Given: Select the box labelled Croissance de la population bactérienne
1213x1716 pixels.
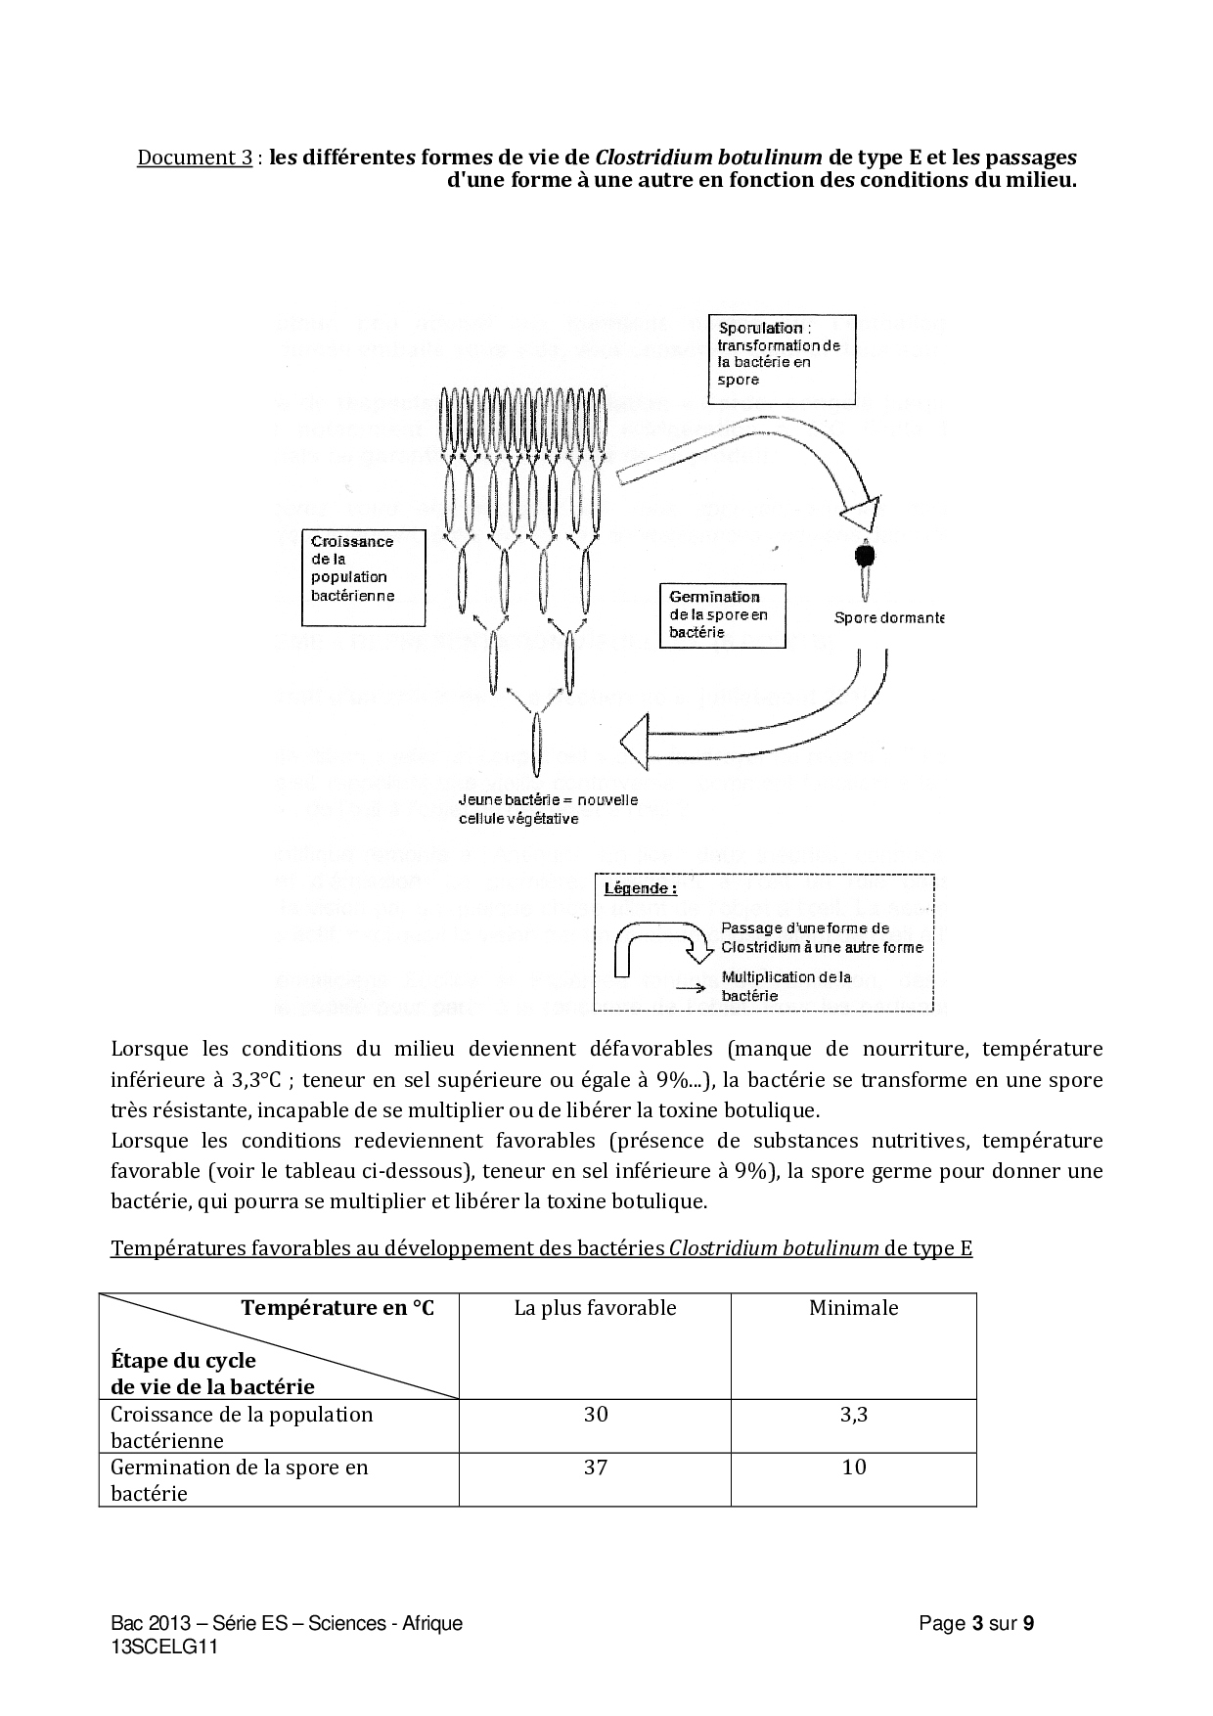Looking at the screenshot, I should [x=363, y=577].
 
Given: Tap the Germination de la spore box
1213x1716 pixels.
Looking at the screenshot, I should [x=723, y=614].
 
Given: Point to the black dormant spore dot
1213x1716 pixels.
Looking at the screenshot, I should [x=865, y=555].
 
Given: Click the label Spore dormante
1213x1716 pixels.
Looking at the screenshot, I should [x=888, y=617].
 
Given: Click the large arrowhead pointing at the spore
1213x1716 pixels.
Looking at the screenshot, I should [x=861, y=515].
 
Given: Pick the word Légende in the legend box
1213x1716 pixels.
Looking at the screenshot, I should [x=641, y=888].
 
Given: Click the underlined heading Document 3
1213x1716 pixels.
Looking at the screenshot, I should [x=195, y=158].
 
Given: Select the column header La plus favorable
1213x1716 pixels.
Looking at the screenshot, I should [x=595, y=1308].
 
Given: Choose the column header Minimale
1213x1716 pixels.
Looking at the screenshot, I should [x=853, y=1308].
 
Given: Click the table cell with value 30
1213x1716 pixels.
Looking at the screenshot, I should [x=595, y=1414].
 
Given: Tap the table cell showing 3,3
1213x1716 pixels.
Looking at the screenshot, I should [x=853, y=1414].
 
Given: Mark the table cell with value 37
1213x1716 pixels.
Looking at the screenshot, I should [x=595, y=1467].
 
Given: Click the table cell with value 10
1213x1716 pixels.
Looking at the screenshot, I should [x=853, y=1467].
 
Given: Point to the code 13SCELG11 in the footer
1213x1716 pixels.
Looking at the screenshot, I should [x=164, y=1647].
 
